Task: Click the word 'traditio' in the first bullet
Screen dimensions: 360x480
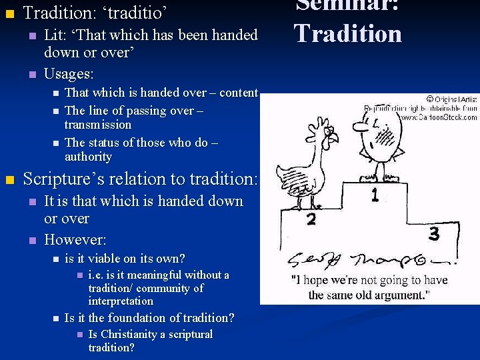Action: (x=137, y=13)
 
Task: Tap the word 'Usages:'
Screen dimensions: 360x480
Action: (x=69, y=73)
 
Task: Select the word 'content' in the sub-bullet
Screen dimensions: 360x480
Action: (x=238, y=93)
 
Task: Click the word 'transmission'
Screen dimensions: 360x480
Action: (x=98, y=125)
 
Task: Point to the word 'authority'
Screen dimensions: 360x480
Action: (x=88, y=157)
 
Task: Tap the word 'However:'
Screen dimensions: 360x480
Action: (x=75, y=239)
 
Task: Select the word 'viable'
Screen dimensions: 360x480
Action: (x=109, y=258)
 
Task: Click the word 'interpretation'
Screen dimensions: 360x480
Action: (x=121, y=301)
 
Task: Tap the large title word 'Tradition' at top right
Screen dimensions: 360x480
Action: (x=348, y=33)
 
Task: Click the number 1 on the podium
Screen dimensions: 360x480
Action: (x=375, y=195)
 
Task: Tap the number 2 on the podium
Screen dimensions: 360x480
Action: (x=311, y=218)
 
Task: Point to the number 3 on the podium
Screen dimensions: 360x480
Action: (x=434, y=233)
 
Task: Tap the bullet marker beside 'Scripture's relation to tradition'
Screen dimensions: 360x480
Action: (x=9, y=179)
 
